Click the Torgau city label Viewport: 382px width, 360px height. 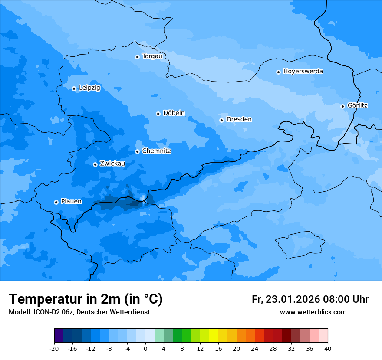tap(152, 56)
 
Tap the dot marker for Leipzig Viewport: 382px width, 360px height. tap(74, 88)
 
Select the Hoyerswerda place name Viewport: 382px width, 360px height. tap(303, 72)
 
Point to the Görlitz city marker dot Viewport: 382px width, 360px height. tap(342, 106)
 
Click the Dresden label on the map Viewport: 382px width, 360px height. tap(239, 119)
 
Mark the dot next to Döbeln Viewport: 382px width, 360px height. tap(158, 114)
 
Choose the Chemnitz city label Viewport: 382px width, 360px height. tap(156, 151)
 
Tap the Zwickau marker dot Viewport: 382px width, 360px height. tap(95, 164)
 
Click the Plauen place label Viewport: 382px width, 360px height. tap(71, 201)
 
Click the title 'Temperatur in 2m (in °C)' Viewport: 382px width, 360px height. tap(86, 299)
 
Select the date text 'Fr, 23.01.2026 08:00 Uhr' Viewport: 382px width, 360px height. tap(310, 299)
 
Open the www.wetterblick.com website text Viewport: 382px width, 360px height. tap(313, 312)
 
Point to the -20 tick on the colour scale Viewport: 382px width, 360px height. tap(54, 349)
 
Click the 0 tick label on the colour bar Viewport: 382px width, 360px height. tap(145, 349)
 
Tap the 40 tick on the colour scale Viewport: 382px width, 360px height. tap(328, 349)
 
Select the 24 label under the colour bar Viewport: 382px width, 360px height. tap(255, 349)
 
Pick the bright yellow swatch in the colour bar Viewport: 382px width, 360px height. tap(214, 336)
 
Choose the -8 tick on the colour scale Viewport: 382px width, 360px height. tap(109, 349)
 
